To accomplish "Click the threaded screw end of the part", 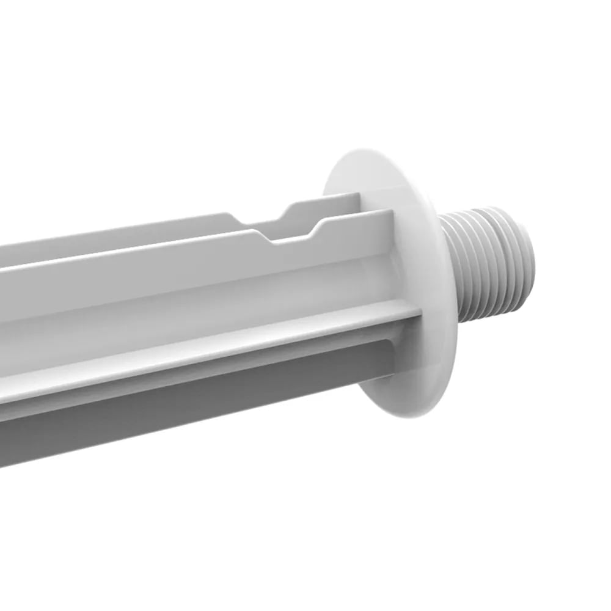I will (x=489, y=263).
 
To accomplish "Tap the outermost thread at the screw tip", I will (x=527, y=251).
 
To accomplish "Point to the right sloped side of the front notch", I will (x=319, y=229).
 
